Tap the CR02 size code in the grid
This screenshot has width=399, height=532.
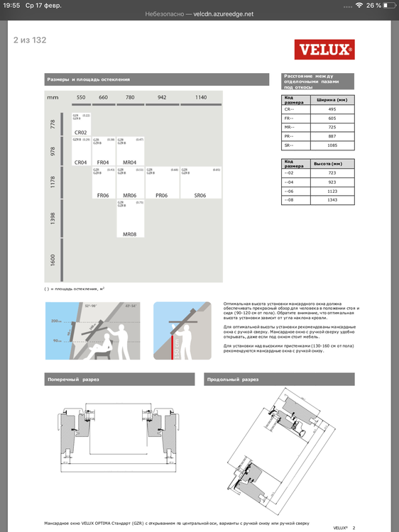80,133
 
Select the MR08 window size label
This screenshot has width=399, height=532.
129,233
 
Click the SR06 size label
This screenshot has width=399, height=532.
199,195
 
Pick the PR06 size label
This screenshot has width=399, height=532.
161,195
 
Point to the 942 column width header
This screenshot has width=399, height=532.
162,97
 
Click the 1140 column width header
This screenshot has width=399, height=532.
201,97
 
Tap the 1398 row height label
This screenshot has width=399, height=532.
53,218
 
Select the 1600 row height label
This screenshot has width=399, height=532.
53,261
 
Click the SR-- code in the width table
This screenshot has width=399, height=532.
290,145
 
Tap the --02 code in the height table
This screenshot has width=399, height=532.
290,173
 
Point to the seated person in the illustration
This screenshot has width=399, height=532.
104,346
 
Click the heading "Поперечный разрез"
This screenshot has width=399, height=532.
72,379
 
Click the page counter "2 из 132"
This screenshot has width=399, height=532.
30,39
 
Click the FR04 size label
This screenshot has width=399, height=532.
103,162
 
